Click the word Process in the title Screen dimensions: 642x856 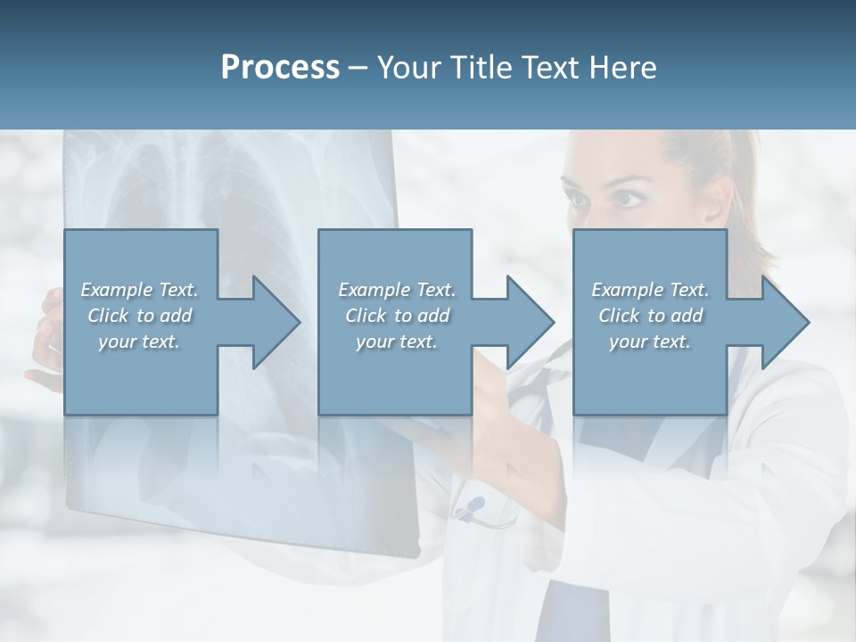click(280, 68)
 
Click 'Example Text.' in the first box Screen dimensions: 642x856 click(140, 290)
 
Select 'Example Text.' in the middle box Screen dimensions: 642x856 click(397, 290)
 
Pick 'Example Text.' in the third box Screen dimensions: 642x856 click(650, 290)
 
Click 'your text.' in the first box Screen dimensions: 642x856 click(138, 342)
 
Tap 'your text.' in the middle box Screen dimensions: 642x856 click(396, 342)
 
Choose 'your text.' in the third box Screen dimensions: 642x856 click(649, 342)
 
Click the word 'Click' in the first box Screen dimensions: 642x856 click(108, 316)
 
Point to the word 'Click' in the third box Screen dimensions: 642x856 click(619, 316)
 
